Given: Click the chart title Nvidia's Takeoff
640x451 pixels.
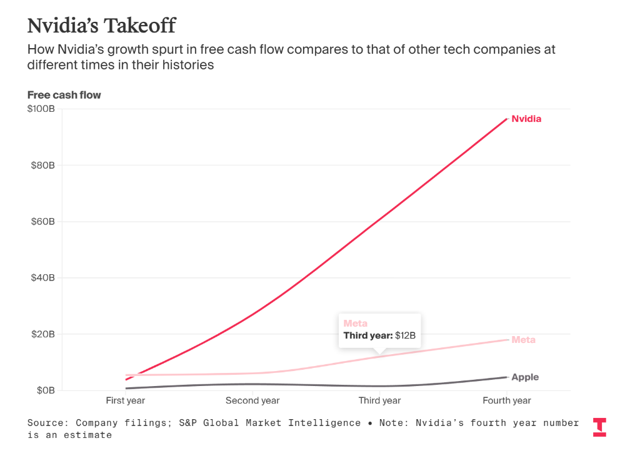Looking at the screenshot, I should pos(101,26).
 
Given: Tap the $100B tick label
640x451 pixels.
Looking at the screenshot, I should pos(41,109).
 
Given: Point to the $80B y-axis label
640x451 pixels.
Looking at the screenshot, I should pos(43,166).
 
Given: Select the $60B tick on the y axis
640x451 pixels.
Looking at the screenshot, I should pos(43,222).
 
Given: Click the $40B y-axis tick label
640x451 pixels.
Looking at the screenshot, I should pos(43,278).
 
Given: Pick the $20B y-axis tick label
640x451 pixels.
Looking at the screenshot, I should pos(43,334).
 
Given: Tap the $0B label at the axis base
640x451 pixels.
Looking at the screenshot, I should pos(46,390).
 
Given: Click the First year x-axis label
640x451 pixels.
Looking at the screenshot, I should pos(126,400).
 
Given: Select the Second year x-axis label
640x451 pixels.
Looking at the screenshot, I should pos(252,400).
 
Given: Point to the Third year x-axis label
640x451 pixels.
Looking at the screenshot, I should pos(379,400).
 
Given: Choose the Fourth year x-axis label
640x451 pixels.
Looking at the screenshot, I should pos(507,400).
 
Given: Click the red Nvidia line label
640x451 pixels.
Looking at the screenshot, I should pos(526,119).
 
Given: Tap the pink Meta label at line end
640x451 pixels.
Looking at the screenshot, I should pos(523,340).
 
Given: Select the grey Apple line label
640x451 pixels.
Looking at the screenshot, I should pos(525,377).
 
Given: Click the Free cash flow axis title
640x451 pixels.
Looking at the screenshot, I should pos(64,95).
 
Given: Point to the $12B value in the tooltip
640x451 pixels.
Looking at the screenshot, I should pos(405,335).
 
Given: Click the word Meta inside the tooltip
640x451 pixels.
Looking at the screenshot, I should pos(356,324).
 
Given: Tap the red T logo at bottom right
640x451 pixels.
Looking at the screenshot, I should pos(599,427).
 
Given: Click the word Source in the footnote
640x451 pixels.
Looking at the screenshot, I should pos(47,423).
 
